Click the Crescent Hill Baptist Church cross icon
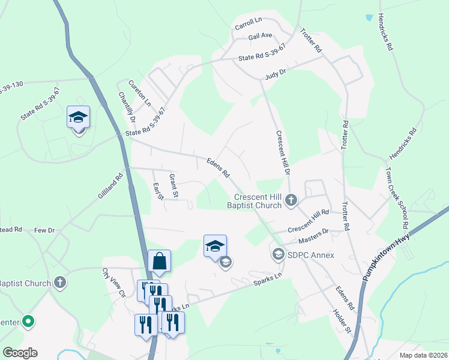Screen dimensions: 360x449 (291, 200)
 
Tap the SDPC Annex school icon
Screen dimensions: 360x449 (279, 255)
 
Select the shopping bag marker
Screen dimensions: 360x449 (159, 262)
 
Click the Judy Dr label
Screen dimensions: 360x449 (276, 76)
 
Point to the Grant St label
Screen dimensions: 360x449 (173, 185)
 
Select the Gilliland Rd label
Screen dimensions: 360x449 (110, 187)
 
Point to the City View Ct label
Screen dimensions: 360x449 (113, 282)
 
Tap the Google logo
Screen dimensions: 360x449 (20, 353)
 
